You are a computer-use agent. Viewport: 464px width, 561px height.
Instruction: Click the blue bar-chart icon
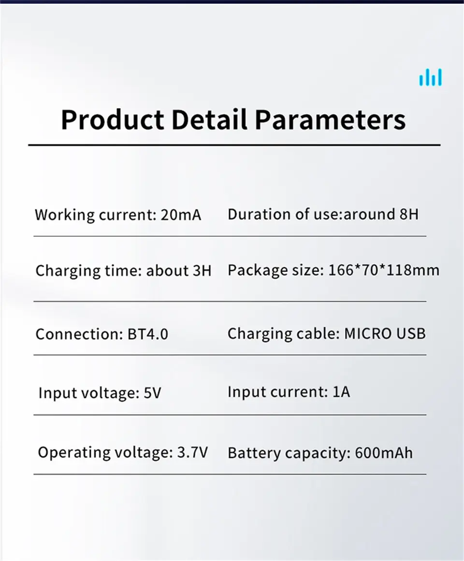pos(431,77)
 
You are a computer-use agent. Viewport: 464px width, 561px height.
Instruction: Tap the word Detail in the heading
pos(209,119)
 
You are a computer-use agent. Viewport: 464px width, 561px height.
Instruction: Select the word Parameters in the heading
pos(331,120)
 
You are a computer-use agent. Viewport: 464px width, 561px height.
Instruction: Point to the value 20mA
pos(181,215)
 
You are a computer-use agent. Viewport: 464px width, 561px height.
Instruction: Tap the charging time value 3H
pos(202,271)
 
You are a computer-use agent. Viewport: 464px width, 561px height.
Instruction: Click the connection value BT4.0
pos(147,334)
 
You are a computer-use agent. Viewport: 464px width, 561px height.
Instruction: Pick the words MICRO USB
pos(385,334)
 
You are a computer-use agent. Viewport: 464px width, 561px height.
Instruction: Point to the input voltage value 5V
pos(153,393)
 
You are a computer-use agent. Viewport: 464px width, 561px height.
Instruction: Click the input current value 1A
pos(341,392)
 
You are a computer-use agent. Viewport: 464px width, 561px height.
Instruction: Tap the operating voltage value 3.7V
pos(192,453)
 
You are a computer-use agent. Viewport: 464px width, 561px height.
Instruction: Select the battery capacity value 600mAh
pos(384,453)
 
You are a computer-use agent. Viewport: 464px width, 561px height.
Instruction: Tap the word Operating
pos(74,453)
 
